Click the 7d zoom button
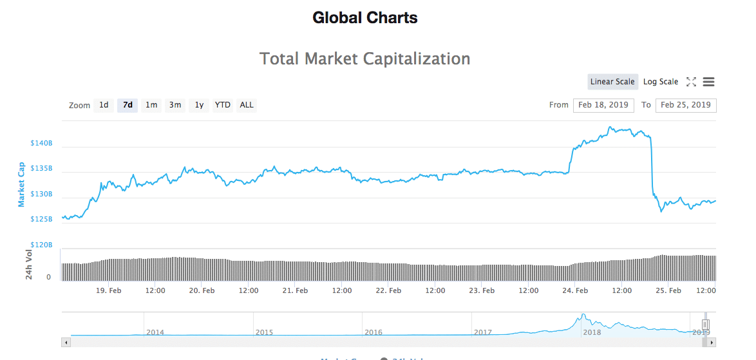(x=128, y=105)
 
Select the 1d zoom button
(x=104, y=105)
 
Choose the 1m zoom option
(x=151, y=105)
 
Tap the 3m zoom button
(x=175, y=105)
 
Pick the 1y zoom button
(x=200, y=105)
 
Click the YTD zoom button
(x=223, y=105)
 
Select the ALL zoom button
(x=247, y=105)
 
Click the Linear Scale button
(x=612, y=82)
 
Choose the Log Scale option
(x=661, y=82)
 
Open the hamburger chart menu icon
(x=709, y=82)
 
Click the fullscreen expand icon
(x=691, y=82)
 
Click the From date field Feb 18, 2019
(x=603, y=105)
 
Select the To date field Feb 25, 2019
(x=686, y=105)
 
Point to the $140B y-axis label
(x=41, y=143)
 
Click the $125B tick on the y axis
(x=41, y=220)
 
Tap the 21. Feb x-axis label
(x=295, y=290)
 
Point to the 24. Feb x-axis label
(x=575, y=290)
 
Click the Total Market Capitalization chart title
(x=364, y=59)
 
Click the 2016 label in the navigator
(x=373, y=332)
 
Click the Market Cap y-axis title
(x=21, y=184)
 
